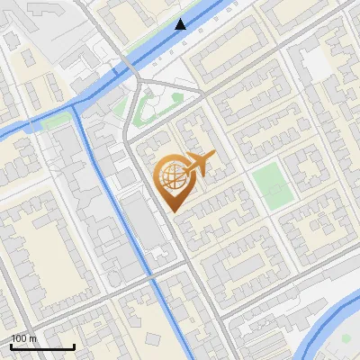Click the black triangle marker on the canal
click(x=181, y=24)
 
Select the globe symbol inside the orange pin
click(x=172, y=176)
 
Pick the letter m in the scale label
click(x=34, y=338)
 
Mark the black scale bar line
click(x=42, y=346)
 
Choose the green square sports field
click(x=270, y=184)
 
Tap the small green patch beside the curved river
click(x=346, y=339)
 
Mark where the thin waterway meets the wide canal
click(x=76, y=116)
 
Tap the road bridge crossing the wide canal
click(x=129, y=67)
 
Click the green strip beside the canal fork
click(x=56, y=119)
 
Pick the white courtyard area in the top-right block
click(x=314, y=63)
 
